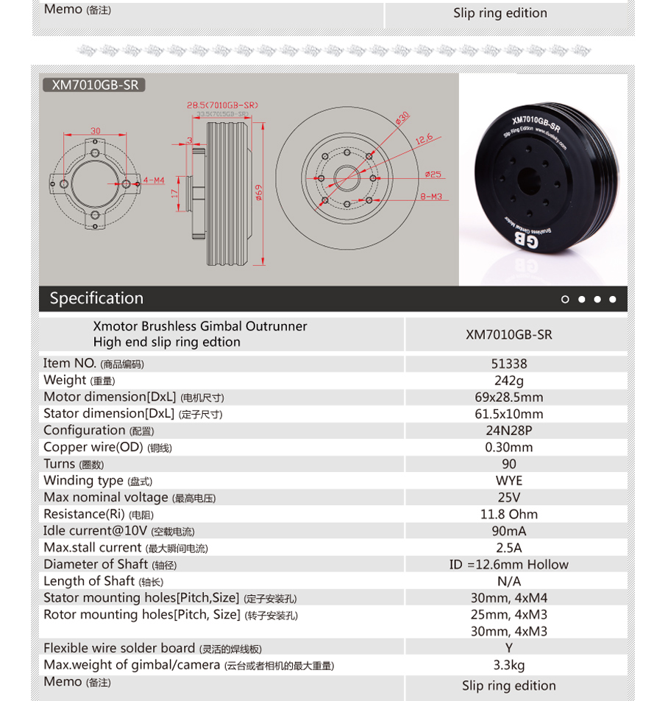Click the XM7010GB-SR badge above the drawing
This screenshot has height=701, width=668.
(94, 85)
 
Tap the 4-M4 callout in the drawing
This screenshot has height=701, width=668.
(154, 180)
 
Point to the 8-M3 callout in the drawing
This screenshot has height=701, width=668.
(431, 197)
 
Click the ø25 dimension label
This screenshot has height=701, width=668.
(433, 175)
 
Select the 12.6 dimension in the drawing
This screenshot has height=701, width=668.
(424, 138)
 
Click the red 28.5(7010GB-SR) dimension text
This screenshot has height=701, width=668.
(222, 105)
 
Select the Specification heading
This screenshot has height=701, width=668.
(96, 298)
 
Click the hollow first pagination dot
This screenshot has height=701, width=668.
(565, 299)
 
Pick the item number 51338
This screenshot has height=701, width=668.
(509, 364)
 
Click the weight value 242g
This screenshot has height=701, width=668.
(509, 381)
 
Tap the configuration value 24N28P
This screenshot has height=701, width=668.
(509, 431)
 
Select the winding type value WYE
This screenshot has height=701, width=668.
(509, 481)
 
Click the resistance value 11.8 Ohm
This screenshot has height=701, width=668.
(509, 514)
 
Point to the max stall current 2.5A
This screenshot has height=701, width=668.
(509, 548)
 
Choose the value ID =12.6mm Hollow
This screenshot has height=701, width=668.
(509, 565)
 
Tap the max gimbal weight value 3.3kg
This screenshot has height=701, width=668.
(509, 666)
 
